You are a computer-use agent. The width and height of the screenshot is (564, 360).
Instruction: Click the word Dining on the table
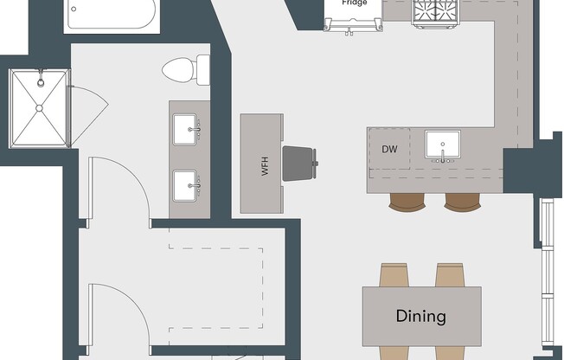click(x=420, y=317)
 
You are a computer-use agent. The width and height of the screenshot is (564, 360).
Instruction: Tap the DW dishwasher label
click(x=389, y=149)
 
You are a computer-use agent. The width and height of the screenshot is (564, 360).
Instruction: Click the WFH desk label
click(x=266, y=167)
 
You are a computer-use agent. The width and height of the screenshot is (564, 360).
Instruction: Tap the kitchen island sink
click(x=443, y=144)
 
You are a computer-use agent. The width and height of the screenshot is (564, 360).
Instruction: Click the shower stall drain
click(x=39, y=107)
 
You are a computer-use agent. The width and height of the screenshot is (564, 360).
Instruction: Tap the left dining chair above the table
click(x=394, y=275)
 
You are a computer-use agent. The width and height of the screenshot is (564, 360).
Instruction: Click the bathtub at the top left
click(x=110, y=15)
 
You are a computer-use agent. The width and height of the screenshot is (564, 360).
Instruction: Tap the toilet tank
click(x=203, y=68)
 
